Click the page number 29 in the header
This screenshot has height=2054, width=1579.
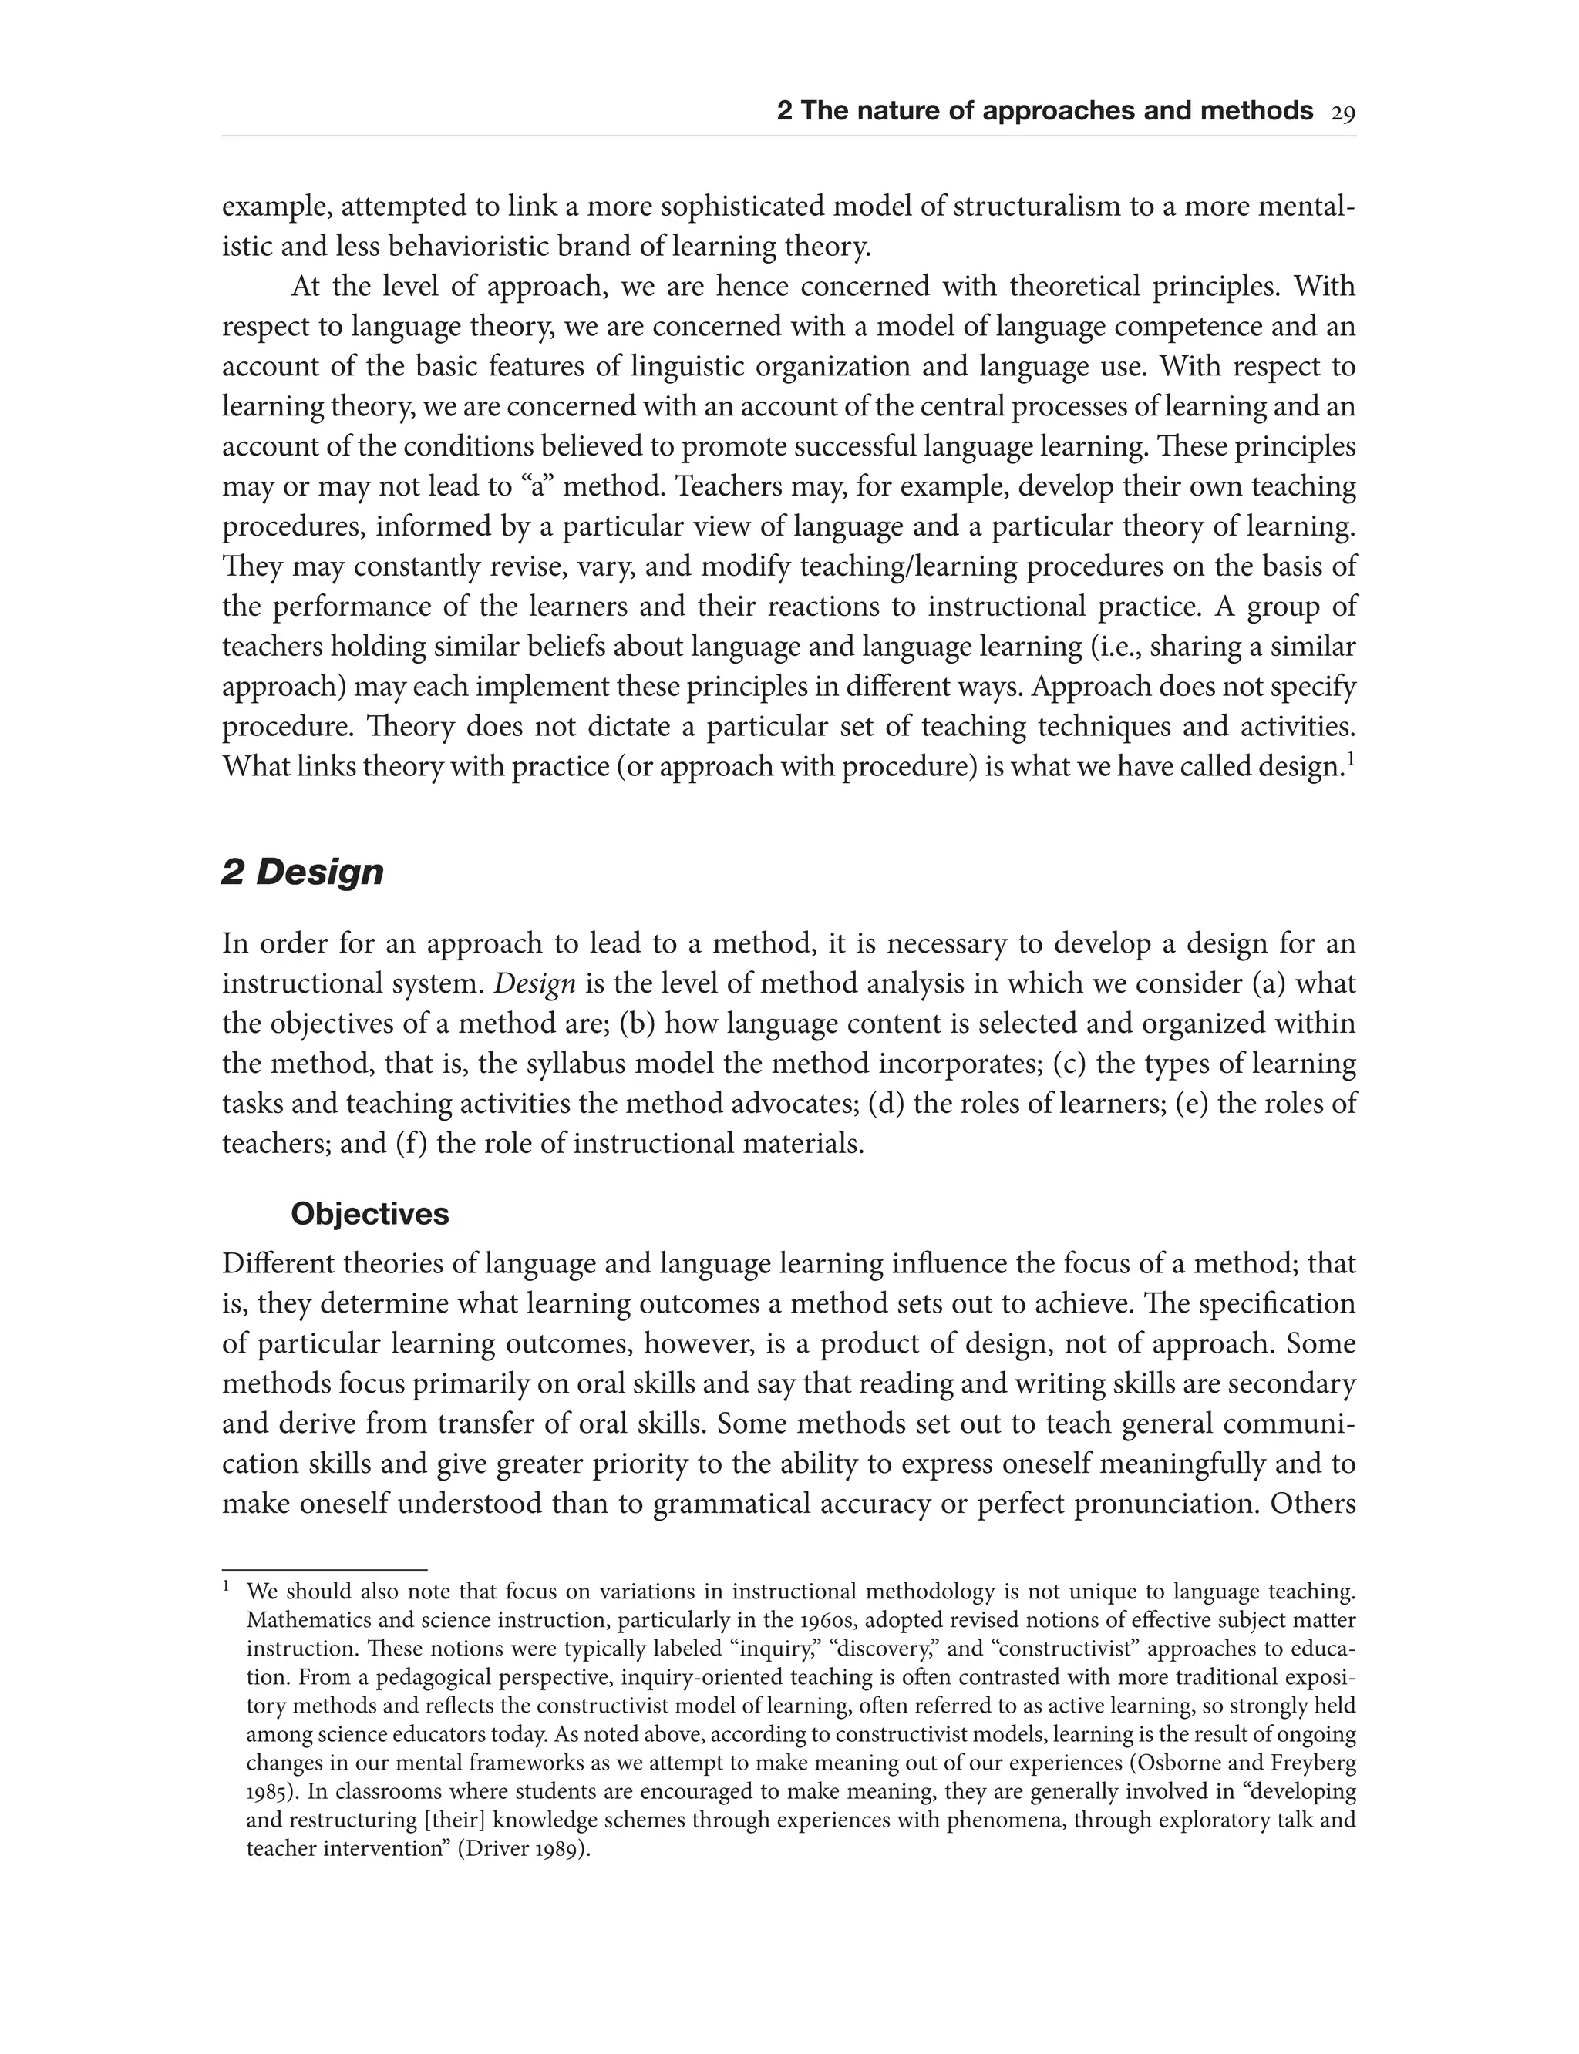[x=1342, y=113]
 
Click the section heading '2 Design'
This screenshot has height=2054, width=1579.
[x=303, y=872]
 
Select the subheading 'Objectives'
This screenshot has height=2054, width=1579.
[x=369, y=1214]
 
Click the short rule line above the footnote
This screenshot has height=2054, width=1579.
[x=325, y=1569]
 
